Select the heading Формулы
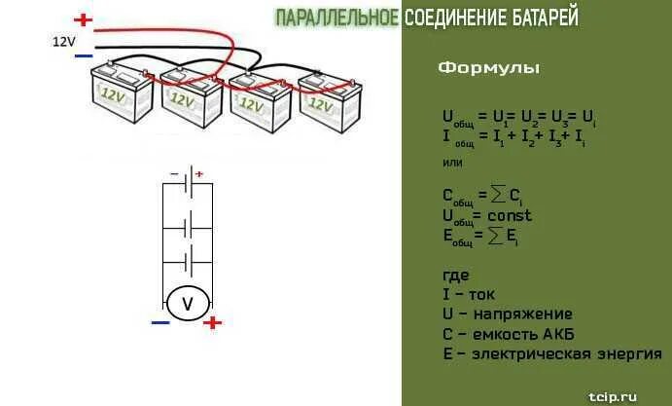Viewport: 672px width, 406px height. pyautogui.click(x=488, y=68)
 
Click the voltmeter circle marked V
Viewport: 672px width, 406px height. pyautogui.click(x=189, y=304)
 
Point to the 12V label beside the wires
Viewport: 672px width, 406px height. pyautogui.click(x=63, y=41)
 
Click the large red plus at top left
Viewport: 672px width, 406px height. pyautogui.click(x=84, y=18)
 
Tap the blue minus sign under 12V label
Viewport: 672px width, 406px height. pyautogui.click(x=83, y=56)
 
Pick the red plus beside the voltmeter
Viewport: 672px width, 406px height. pyautogui.click(x=213, y=322)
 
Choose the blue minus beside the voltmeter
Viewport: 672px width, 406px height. pyautogui.click(x=160, y=321)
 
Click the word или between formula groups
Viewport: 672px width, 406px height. pyautogui.click(x=452, y=162)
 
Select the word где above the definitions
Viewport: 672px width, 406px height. pyautogui.click(x=455, y=276)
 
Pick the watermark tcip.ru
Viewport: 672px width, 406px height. pyautogui.click(x=614, y=395)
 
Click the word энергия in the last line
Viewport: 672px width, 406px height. pyautogui.click(x=628, y=354)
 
